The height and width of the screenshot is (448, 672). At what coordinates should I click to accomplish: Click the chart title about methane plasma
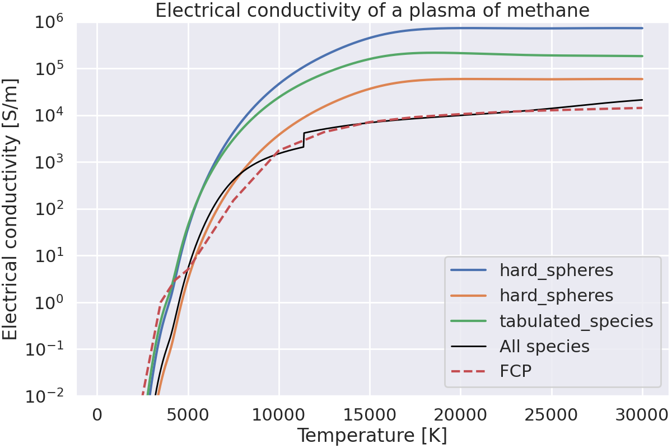[x=372, y=11]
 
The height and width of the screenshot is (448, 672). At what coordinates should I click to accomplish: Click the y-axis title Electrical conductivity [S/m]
[x=11, y=208]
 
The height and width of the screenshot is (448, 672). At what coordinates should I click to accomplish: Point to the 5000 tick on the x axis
[x=188, y=416]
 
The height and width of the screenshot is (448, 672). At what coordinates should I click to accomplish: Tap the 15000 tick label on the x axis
[x=370, y=416]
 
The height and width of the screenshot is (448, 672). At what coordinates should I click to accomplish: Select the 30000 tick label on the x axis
[x=642, y=416]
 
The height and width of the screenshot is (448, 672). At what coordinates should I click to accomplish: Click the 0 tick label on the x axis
[x=97, y=416]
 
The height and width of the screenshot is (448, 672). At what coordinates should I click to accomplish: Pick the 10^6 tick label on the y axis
[x=49, y=22]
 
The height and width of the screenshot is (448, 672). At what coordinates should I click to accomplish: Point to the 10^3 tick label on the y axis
[x=49, y=163]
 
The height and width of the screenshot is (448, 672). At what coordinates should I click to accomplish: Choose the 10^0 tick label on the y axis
[x=49, y=303]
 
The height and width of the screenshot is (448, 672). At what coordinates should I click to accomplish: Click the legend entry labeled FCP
[x=515, y=371]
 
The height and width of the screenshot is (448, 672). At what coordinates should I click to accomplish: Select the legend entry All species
[x=544, y=347]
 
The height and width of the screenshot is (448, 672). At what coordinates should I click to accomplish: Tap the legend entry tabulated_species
[x=576, y=321]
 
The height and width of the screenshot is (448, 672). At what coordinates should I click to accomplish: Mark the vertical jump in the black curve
[x=304, y=140]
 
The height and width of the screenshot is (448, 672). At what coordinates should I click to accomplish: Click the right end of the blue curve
[x=642, y=28]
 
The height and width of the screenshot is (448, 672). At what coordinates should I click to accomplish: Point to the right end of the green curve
[x=642, y=56]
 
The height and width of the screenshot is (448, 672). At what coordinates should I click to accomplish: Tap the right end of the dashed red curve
[x=642, y=108]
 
